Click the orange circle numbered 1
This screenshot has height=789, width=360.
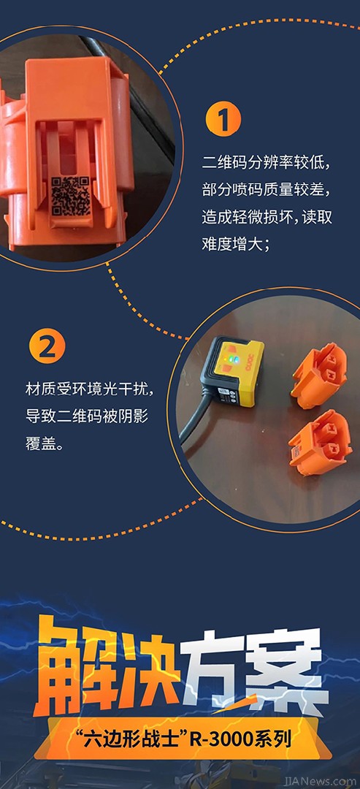223,119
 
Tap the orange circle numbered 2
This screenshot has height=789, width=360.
47,348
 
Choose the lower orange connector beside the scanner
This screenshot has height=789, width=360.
321,441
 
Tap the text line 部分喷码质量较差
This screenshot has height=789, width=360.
267,190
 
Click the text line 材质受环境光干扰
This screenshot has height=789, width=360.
88,389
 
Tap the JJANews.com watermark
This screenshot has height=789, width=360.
319,782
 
